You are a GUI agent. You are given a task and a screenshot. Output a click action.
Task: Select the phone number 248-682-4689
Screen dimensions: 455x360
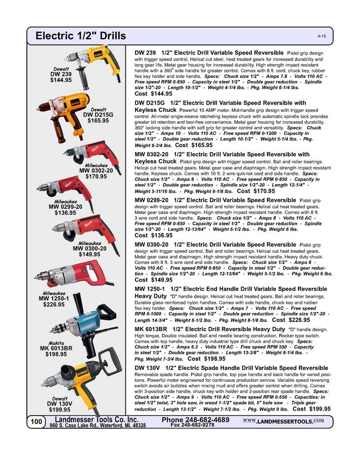(x=196, y=420)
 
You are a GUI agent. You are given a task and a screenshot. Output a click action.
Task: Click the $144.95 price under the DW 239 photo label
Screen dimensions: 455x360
(x=61, y=80)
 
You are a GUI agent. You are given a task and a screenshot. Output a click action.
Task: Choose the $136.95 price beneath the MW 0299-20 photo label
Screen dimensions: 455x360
(x=65, y=213)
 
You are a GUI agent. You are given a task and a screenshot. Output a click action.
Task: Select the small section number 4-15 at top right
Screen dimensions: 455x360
(x=322, y=37)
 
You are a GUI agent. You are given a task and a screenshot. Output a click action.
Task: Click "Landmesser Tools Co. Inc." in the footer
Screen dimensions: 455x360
(x=96, y=420)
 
